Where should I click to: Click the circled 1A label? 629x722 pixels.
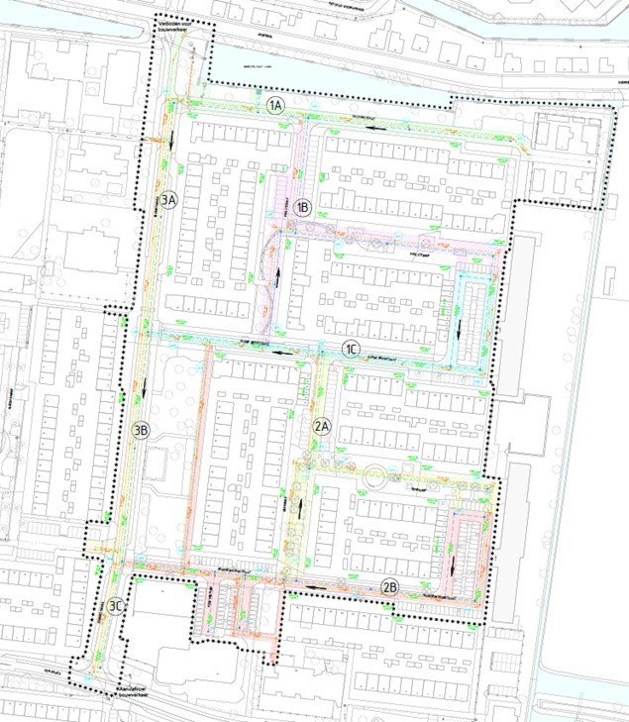pyautogui.click(x=275, y=104)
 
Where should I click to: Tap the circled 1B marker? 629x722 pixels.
pyautogui.click(x=303, y=208)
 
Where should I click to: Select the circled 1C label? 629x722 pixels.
pyautogui.click(x=351, y=348)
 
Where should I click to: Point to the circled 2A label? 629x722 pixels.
pyautogui.click(x=321, y=427)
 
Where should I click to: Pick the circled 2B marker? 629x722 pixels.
pyautogui.click(x=389, y=587)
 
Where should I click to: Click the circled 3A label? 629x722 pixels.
pyautogui.click(x=169, y=200)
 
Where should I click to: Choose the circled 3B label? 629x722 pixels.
pyautogui.click(x=141, y=430)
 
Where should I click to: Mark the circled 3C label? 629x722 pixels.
pyautogui.click(x=117, y=606)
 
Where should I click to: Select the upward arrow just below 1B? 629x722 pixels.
pyautogui.click(x=278, y=278)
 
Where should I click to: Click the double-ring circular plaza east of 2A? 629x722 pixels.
pyautogui.click(x=376, y=477)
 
